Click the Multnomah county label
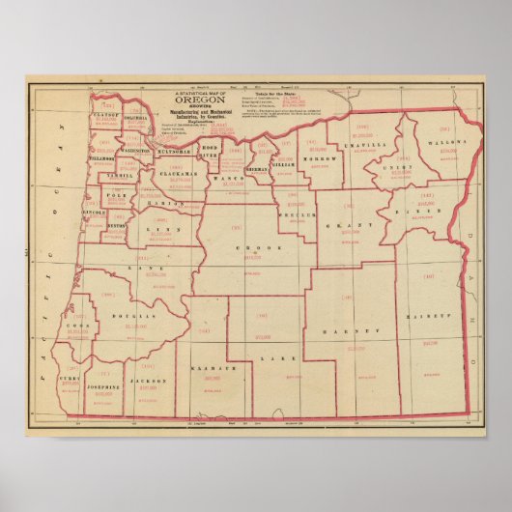click(x=180, y=152)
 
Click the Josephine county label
click(x=104, y=387)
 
